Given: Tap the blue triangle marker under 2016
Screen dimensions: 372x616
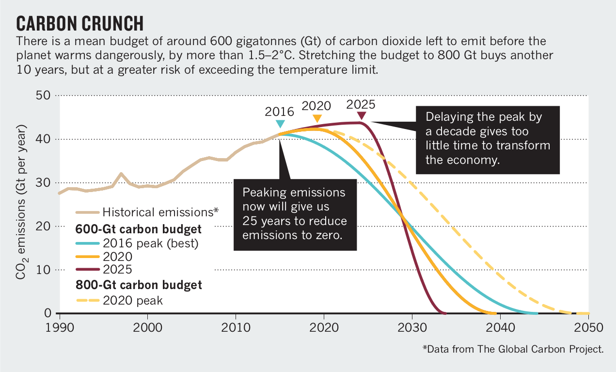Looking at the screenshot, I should pos(280,124).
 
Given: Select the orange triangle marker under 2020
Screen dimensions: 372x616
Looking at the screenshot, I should pos(317,118).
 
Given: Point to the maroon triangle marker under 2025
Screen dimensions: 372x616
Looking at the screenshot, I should pos(361,115).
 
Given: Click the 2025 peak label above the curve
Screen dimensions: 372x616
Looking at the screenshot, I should pos(361,104).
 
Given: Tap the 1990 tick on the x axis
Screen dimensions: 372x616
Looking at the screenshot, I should pos(58,327).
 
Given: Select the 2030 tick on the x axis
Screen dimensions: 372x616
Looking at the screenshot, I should pos(412,327).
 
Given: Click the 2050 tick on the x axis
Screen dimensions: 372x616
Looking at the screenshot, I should pos(589,327).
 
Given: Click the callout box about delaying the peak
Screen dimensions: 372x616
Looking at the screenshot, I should pos(488,139).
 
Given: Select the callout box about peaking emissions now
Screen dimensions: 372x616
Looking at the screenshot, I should pos(295,214).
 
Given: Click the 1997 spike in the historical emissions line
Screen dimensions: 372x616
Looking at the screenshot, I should pos(121,174).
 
